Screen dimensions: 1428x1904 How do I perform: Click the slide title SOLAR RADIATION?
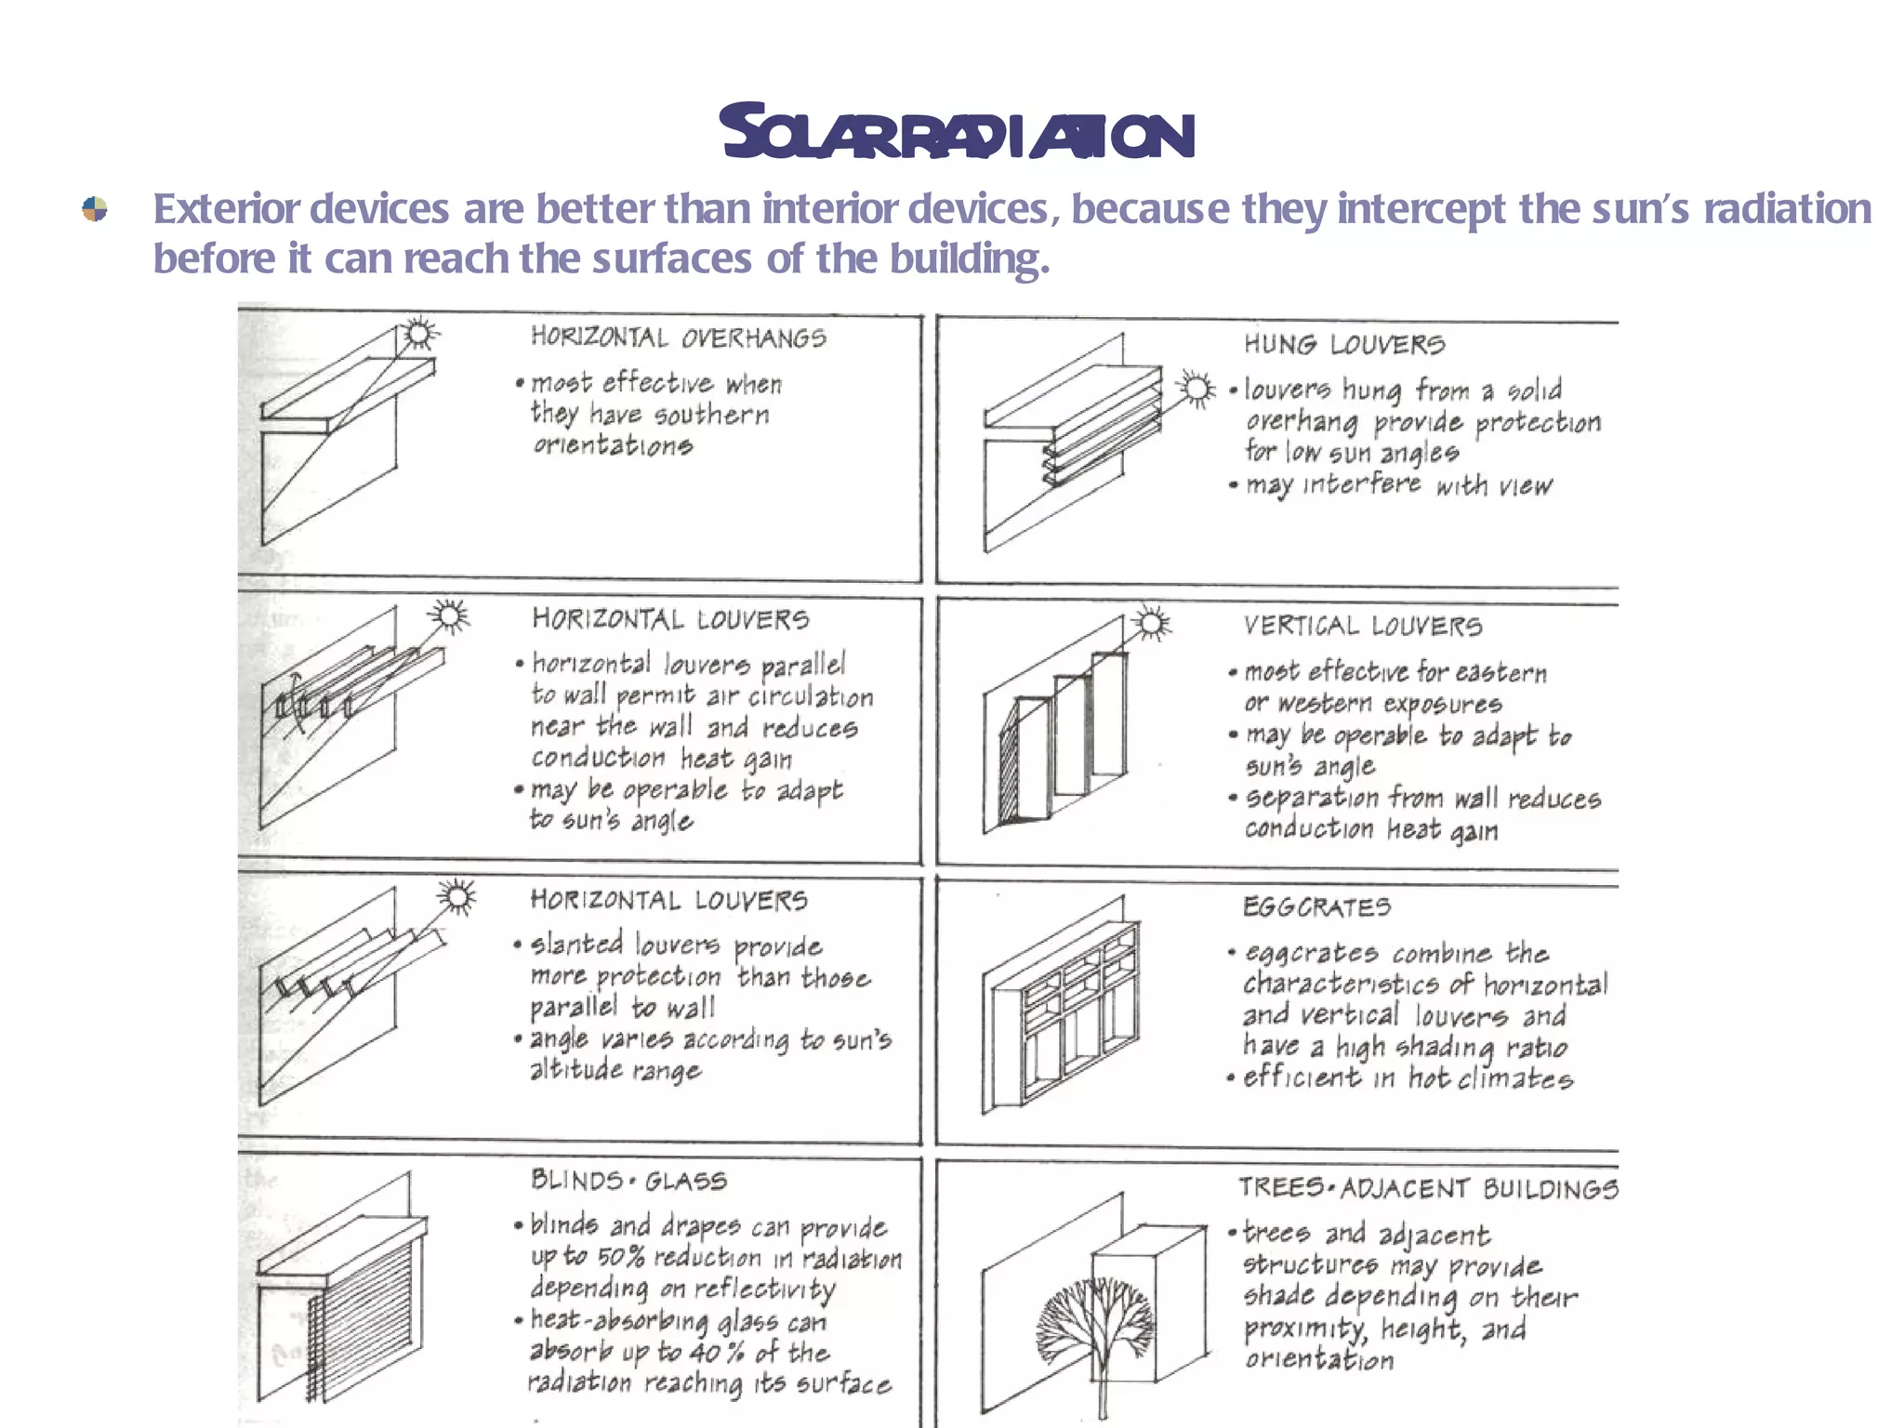pyautogui.click(x=957, y=134)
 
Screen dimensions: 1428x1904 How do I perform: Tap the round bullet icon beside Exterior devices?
pyautogui.click(x=95, y=209)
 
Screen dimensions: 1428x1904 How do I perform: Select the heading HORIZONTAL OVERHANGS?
pyautogui.click(x=678, y=337)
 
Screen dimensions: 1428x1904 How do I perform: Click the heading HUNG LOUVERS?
pyautogui.click(x=1344, y=345)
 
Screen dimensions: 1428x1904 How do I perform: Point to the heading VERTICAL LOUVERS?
pyautogui.click(x=1363, y=626)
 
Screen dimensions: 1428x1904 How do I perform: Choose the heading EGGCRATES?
pyautogui.click(x=1316, y=906)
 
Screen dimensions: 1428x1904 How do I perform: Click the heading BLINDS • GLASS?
pyautogui.click(x=628, y=1181)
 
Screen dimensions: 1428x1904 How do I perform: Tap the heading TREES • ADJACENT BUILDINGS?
pyautogui.click(x=1428, y=1188)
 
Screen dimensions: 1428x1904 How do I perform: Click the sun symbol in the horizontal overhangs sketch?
pyautogui.click(x=419, y=333)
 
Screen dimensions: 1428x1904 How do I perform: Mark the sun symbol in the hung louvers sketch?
pyautogui.click(x=1196, y=389)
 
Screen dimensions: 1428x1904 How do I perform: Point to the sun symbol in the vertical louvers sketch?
pyautogui.click(x=1152, y=623)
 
